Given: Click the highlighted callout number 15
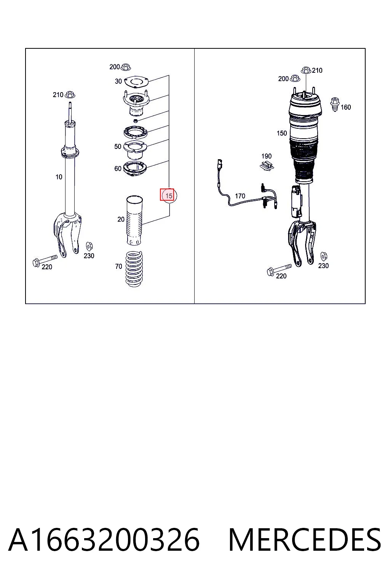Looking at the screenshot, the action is tap(169, 196).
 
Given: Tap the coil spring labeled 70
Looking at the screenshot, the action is tap(134, 269).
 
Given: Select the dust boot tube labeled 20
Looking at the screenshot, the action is tap(134, 221).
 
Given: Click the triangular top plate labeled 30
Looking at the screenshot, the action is tap(136, 82).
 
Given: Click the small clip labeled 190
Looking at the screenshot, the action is tap(267, 166).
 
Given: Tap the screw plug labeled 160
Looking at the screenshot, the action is tap(335, 104).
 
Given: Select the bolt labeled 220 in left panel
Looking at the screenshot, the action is tap(45, 260).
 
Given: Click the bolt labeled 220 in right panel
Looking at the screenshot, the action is tap(279, 270).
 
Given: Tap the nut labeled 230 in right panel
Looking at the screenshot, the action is tap(324, 256).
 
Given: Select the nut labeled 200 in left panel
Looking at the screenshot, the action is tap(126, 67).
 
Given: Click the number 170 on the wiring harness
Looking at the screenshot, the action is tap(240, 196).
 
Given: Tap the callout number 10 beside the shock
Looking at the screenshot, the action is tap(59, 177).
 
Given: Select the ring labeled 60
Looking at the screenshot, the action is tap(135, 169).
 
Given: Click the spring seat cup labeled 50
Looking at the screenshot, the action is tap(135, 150).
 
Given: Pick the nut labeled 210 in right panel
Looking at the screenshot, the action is tap(306, 70).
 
